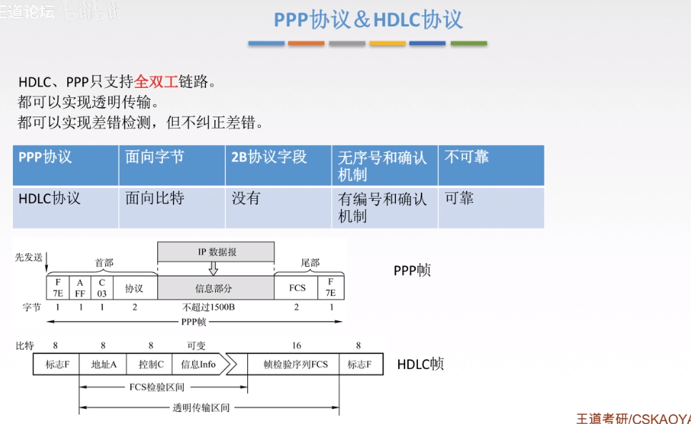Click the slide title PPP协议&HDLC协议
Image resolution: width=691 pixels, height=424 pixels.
[x=368, y=19]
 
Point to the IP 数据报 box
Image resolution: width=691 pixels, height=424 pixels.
[x=215, y=252]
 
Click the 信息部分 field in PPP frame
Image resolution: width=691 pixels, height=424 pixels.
[x=215, y=288]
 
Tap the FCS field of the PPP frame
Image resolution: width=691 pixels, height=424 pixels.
[x=297, y=288]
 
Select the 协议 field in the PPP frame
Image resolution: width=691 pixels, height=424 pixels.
[x=134, y=288]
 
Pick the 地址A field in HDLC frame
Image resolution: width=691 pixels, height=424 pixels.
[x=104, y=364]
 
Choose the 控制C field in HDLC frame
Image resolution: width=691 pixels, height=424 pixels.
[x=150, y=364]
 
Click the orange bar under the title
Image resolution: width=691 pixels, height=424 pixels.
[x=306, y=44]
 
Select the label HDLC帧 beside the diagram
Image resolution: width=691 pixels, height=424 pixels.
[x=420, y=364]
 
